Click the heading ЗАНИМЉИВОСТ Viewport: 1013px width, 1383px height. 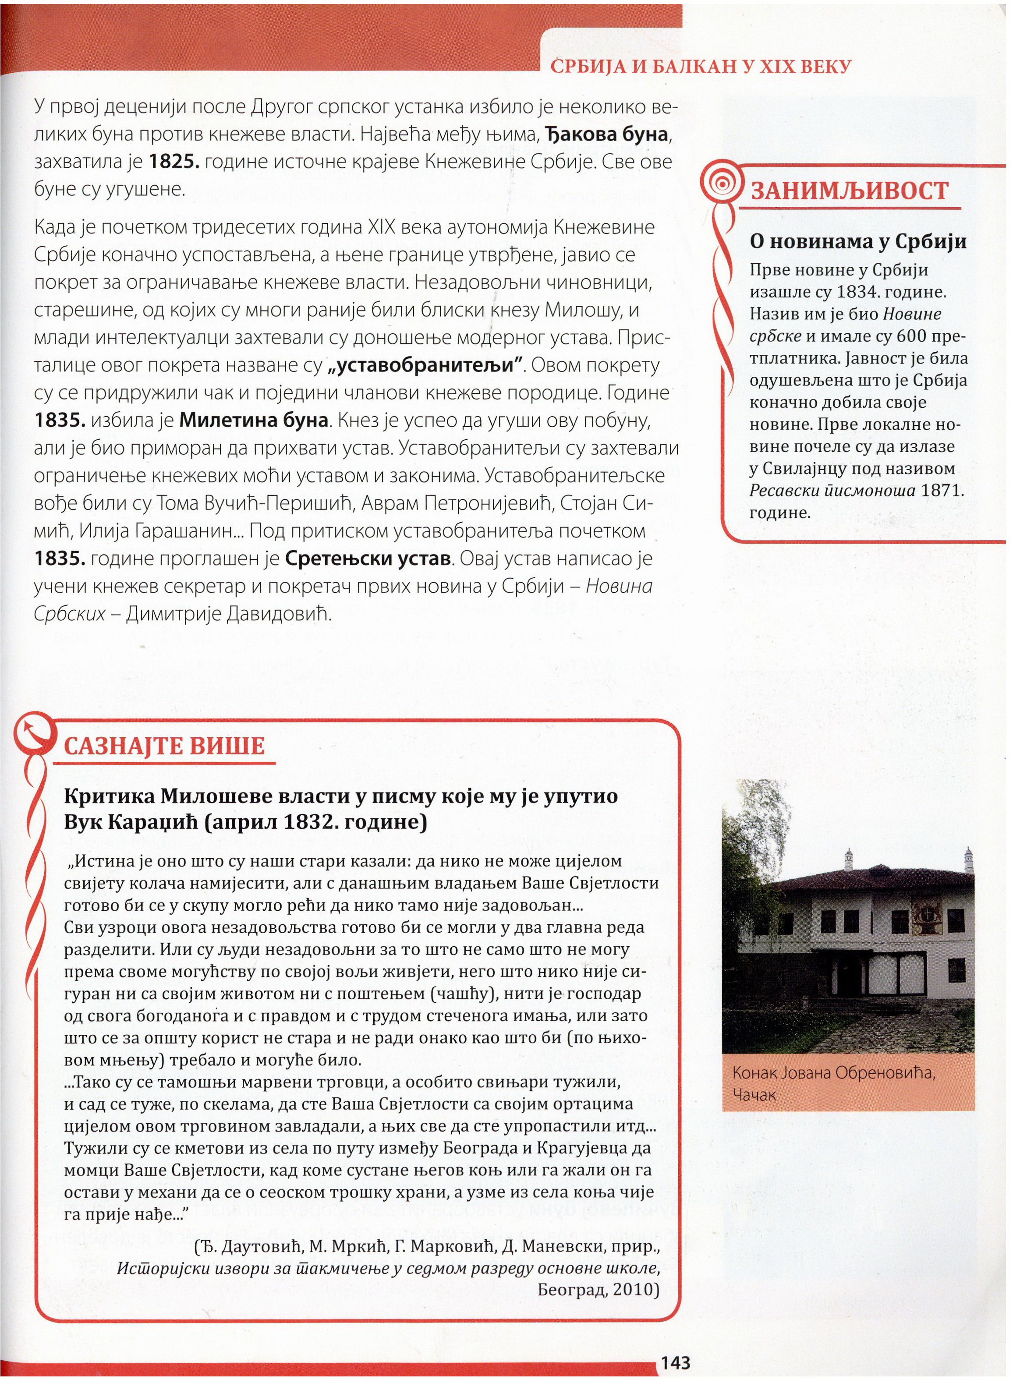coord(849,191)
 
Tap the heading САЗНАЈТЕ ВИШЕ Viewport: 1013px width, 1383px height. coord(164,746)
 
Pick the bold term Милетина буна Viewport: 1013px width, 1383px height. coord(254,421)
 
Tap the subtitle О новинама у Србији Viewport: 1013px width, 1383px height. coord(858,241)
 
